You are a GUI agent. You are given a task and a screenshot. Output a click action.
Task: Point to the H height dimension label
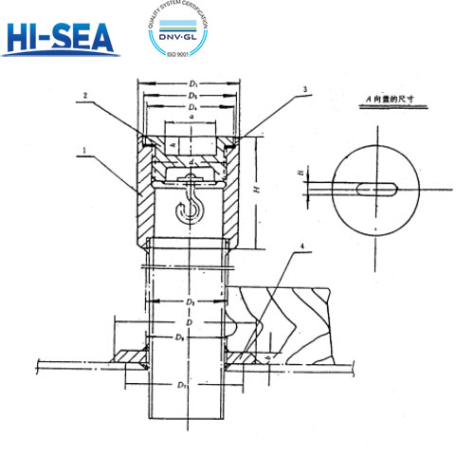pos(257,191)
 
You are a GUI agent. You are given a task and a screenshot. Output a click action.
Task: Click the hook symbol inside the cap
pos(191,206)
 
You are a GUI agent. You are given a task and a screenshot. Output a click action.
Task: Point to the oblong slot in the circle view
pos(373,188)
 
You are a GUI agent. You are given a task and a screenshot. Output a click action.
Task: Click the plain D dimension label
pos(191,322)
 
